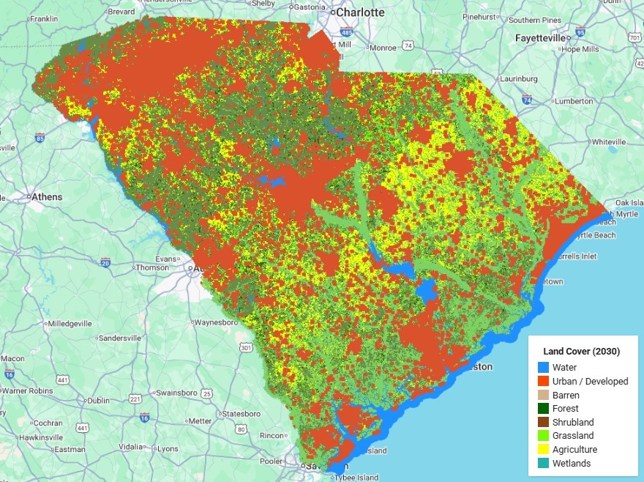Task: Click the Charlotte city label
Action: tap(359, 12)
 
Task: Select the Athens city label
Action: tap(45, 197)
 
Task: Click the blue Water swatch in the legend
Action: tap(543, 368)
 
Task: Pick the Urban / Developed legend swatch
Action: tap(543, 382)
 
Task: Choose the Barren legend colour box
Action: tap(543, 395)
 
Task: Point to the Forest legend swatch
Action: tap(543, 409)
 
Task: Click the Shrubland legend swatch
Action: tap(543, 423)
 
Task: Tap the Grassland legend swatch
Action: tap(543, 436)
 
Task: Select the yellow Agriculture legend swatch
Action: tap(543, 450)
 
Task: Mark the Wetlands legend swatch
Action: tap(543, 463)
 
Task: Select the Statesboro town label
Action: tap(241, 414)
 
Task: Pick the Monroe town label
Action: tap(383, 48)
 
